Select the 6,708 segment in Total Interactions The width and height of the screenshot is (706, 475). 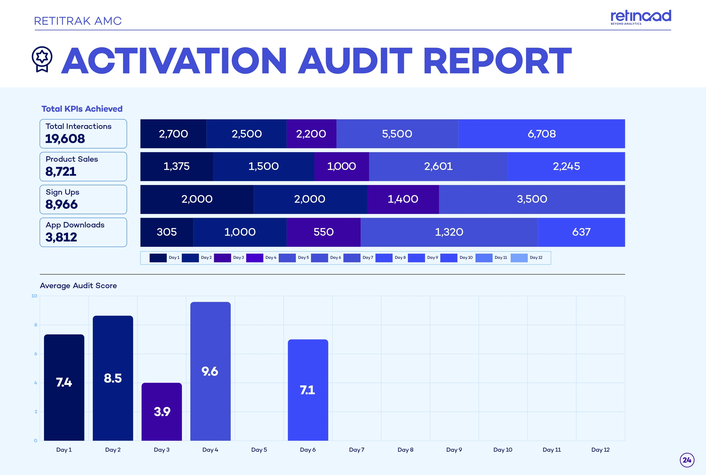pyautogui.click(x=542, y=134)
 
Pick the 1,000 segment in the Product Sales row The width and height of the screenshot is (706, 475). pyautogui.click(x=342, y=166)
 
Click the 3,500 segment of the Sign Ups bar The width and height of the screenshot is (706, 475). pyautogui.click(x=532, y=199)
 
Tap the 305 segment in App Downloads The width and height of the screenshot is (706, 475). pyautogui.click(x=167, y=232)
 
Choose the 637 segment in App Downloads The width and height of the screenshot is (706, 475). pyautogui.click(x=581, y=232)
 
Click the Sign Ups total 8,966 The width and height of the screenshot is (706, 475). pyautogui.click(x=62, y=205)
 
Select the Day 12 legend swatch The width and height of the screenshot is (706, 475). pyautogui.click(x=519, y=258)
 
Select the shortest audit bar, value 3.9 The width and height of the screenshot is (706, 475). pyautogui.click(x=162, y=411)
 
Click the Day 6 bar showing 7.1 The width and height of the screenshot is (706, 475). pyautogui.click(x=308, y=390)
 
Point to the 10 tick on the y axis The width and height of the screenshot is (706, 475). pyautogui.click(x=34, y=296)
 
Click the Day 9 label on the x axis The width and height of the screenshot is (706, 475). pyautogui.click(x=454, y=450)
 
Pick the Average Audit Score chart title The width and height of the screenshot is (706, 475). pyautogui.click(x=78, y=286)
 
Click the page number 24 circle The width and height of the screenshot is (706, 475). pyautogui.click(x=687, y=460)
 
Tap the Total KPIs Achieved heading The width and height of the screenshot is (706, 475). pyautogui.click(x=82, y=109)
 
